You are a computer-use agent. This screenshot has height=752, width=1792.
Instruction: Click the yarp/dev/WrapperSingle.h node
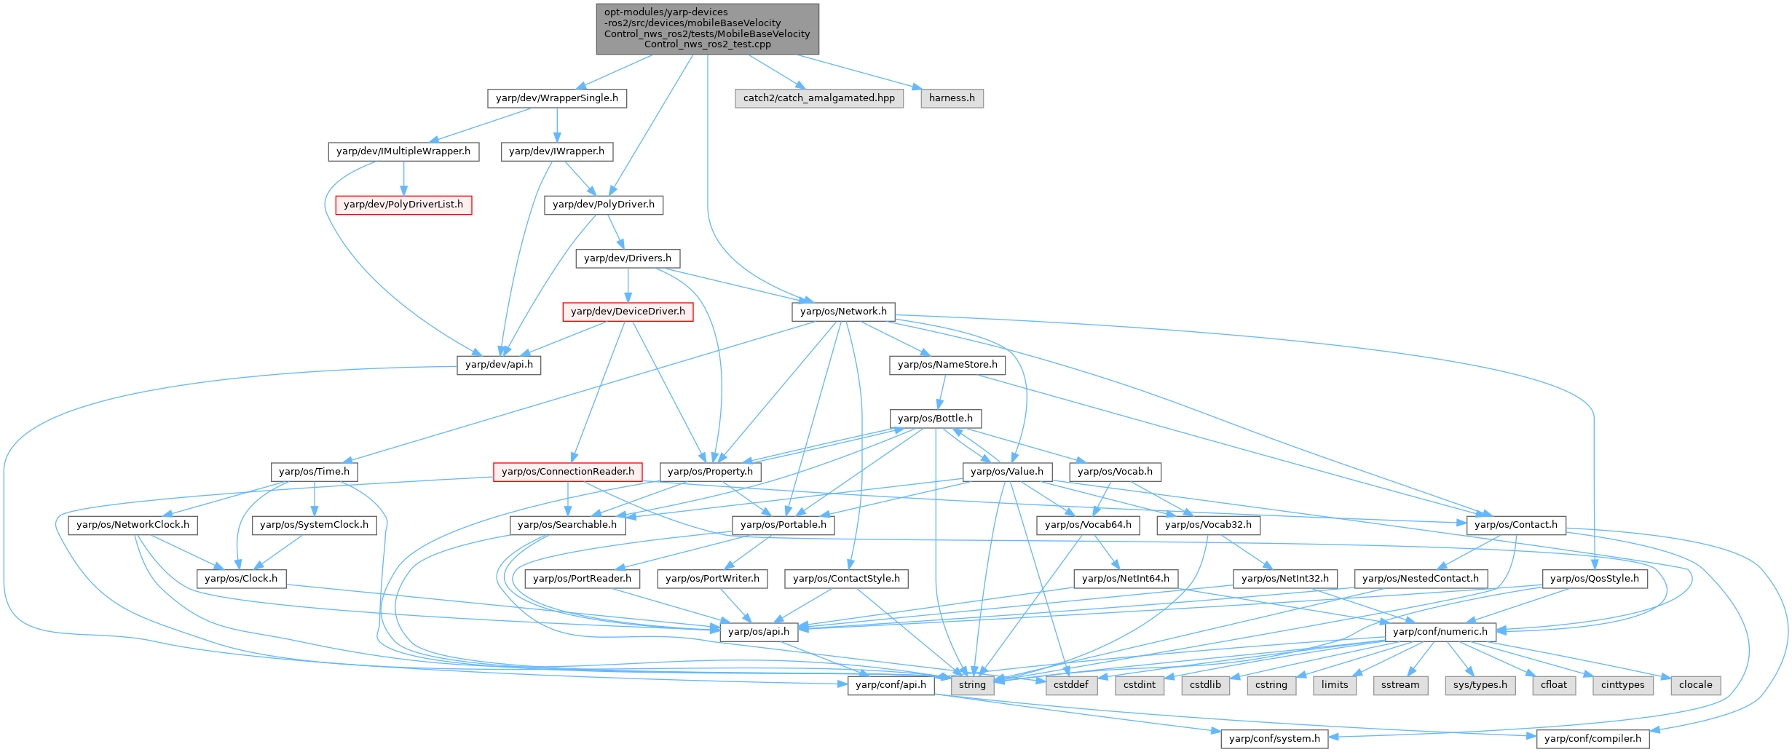(x=556, y=98)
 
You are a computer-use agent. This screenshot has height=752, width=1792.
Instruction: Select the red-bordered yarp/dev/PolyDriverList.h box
(x=403, y=205)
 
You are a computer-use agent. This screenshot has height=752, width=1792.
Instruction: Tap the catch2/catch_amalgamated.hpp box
(x=819, y=98)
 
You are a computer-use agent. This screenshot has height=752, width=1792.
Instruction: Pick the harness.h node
(x=952, y=98)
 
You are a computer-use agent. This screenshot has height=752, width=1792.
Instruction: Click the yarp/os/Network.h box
(x=843, y=312)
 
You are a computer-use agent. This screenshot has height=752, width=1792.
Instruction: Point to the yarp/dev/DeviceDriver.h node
(x=628, y=312)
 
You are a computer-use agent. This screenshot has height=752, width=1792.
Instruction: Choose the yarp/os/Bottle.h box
(x=935, y=419)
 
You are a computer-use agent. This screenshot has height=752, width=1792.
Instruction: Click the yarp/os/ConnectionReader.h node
(x=568, y=472)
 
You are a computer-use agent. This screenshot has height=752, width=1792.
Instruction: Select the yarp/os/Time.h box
(x=314, y=472)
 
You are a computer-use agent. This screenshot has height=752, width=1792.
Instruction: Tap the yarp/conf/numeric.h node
(x=1440, y=632)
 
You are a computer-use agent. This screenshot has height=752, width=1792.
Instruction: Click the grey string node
(x=972, y=685)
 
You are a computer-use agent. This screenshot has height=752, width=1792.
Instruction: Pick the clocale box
(x=1696, y=685)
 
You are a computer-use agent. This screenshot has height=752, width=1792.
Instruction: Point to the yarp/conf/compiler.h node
(x=1592, y=739)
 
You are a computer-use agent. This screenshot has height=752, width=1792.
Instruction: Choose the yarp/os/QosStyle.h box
(x=1595, y=579)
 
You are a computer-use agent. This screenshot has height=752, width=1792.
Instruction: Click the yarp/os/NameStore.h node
(x=947, y=365)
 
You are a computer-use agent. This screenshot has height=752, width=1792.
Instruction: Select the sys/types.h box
(x=1480, y=685)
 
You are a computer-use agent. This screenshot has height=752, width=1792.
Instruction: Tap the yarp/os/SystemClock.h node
(x=314, y=525)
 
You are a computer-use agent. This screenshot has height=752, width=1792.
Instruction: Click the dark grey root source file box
(x=707, y=28)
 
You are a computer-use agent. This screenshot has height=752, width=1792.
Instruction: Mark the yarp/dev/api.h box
(x=499, y=365)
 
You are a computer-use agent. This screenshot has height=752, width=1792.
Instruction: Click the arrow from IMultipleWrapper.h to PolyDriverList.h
(x=403, y=178)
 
